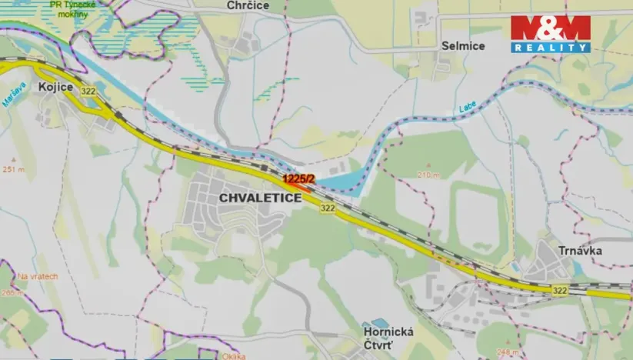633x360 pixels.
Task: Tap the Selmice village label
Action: tap(463, 46)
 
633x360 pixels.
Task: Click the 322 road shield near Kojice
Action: tap(89, 92)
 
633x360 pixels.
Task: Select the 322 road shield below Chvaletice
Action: tap(328, 208)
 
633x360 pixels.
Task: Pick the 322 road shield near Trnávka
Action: tap(560, 290)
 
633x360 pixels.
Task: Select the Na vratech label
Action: tap(38, 276)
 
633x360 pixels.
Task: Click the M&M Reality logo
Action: tap(551, 34)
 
